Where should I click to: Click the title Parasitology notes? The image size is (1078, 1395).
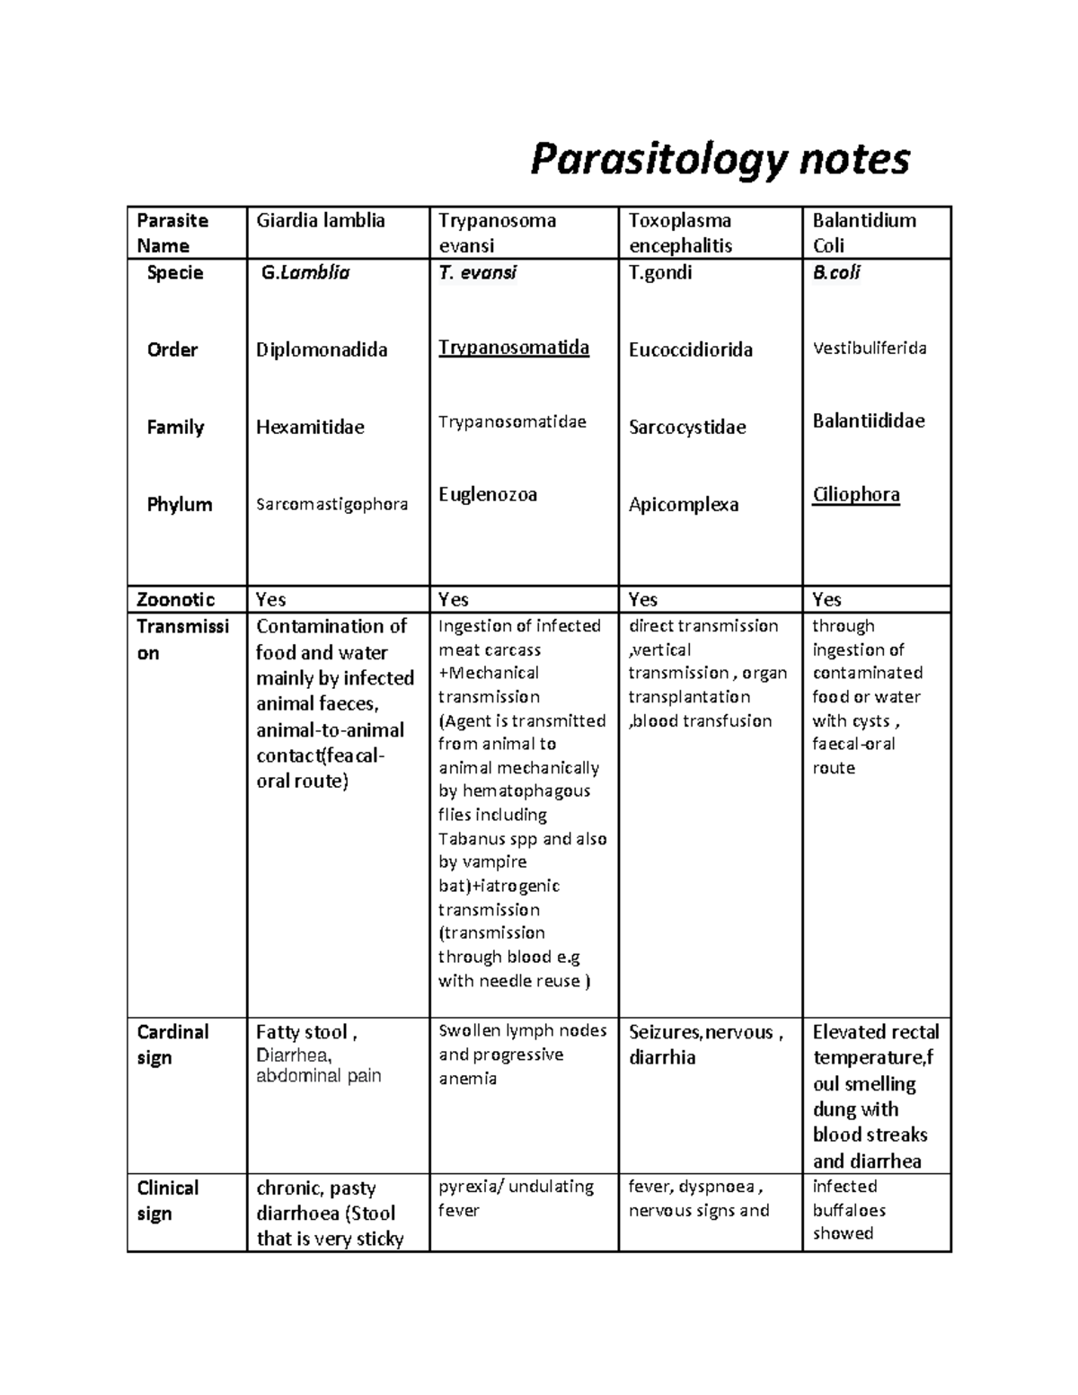point(720,160)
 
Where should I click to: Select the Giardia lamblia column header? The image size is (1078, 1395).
point(321,221)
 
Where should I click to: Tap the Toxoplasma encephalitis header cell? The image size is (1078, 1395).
point(680,233)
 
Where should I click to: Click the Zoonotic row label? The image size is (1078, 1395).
point(176,599)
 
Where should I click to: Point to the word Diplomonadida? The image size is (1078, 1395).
point(322,349)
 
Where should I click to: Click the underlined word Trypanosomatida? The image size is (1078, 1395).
point(514,348)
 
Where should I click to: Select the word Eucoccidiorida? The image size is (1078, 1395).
point(691,349)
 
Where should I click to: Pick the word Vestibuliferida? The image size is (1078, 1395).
point(870,348)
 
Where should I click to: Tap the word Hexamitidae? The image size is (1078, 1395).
point(310,427)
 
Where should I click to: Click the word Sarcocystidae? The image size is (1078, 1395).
point(687,427)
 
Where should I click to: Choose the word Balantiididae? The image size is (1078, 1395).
point(869,420)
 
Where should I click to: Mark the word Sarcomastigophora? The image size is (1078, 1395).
point(331,504)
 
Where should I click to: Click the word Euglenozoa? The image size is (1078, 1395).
point(488,494)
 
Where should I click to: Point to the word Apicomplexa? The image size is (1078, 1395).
point(684,504)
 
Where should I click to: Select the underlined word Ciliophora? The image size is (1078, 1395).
point(856,494)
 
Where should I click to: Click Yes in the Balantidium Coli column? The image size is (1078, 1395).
point(826,599)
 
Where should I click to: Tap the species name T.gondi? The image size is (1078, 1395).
point(660,272)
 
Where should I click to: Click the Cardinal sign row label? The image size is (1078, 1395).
point(172,1044)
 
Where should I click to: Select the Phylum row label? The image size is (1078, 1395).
point(180,504)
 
